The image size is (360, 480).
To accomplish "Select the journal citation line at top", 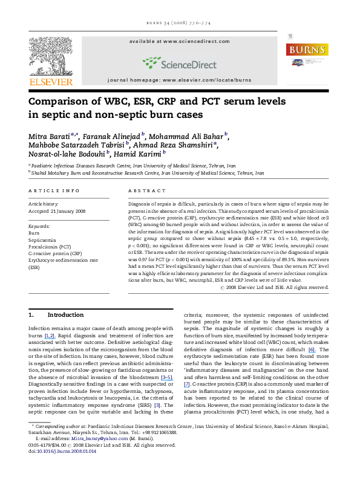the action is (179, 24).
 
